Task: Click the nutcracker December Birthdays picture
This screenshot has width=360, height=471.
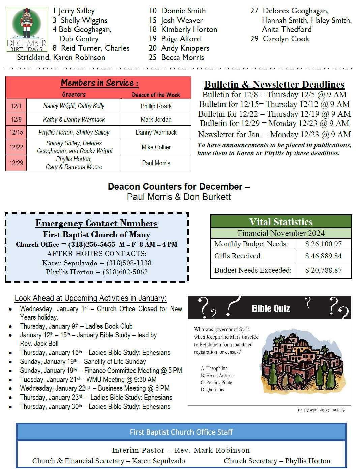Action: (27, 30)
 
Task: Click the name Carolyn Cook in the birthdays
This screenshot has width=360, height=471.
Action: (286, 39)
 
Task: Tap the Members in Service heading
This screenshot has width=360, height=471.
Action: (99, 83)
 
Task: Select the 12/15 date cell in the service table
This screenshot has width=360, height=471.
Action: (16, 133)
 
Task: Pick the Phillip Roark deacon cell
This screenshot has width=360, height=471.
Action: (156, 106)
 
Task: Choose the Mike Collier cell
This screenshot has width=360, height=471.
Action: (156, 147)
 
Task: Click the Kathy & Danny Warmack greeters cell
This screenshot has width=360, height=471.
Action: (74, 120)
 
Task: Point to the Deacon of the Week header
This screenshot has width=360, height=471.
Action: (156, 95)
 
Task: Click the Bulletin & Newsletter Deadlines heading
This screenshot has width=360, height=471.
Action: (274, 84)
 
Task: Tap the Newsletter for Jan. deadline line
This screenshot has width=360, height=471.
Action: (274, 135)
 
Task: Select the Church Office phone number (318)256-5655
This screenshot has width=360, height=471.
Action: (92, 244)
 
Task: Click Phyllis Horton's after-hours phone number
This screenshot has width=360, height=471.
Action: (125, 272)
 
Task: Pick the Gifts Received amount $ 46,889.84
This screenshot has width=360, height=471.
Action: (323, 256)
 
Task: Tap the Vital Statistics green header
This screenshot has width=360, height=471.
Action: (281, 222)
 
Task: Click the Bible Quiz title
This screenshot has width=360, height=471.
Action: (271, 308)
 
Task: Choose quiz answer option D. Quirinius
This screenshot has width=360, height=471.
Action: (212, 390)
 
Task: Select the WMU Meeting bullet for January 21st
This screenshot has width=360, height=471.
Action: (88, 380)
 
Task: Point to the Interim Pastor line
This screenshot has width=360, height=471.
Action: (181, 450)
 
